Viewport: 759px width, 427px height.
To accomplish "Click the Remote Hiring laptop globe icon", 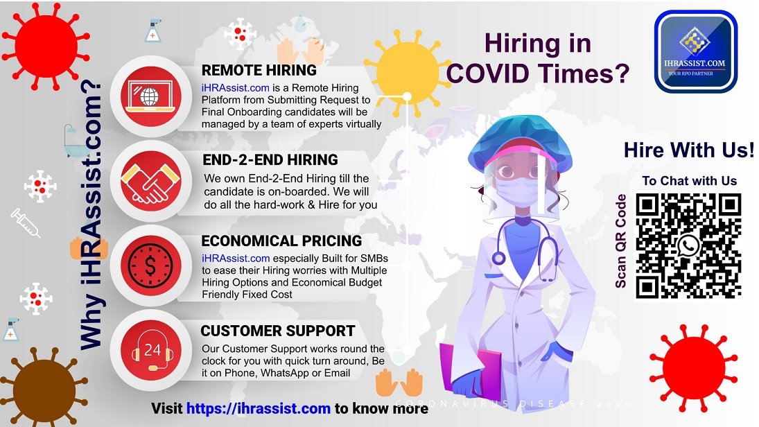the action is coord(150,96).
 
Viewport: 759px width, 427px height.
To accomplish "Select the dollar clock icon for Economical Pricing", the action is coord(150,265).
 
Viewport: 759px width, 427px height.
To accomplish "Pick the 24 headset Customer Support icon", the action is coord(152,350).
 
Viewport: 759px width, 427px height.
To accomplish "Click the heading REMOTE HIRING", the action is coord(259,70).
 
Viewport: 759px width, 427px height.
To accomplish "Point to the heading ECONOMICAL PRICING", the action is coord(281,241).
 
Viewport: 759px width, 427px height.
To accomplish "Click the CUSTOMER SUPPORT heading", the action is coord(278,331).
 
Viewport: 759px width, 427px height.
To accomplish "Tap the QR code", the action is coord(688,246).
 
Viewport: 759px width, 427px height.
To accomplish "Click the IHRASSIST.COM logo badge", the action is coord(696,51).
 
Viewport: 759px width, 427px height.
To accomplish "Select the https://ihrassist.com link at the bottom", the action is coord(259,408).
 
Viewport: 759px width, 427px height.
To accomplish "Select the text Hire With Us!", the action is coord(689,150).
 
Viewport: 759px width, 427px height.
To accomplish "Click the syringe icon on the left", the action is coord(26,223).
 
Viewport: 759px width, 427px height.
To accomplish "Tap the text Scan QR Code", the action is coord(620,241).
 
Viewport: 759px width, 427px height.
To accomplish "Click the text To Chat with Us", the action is coord(689,181).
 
